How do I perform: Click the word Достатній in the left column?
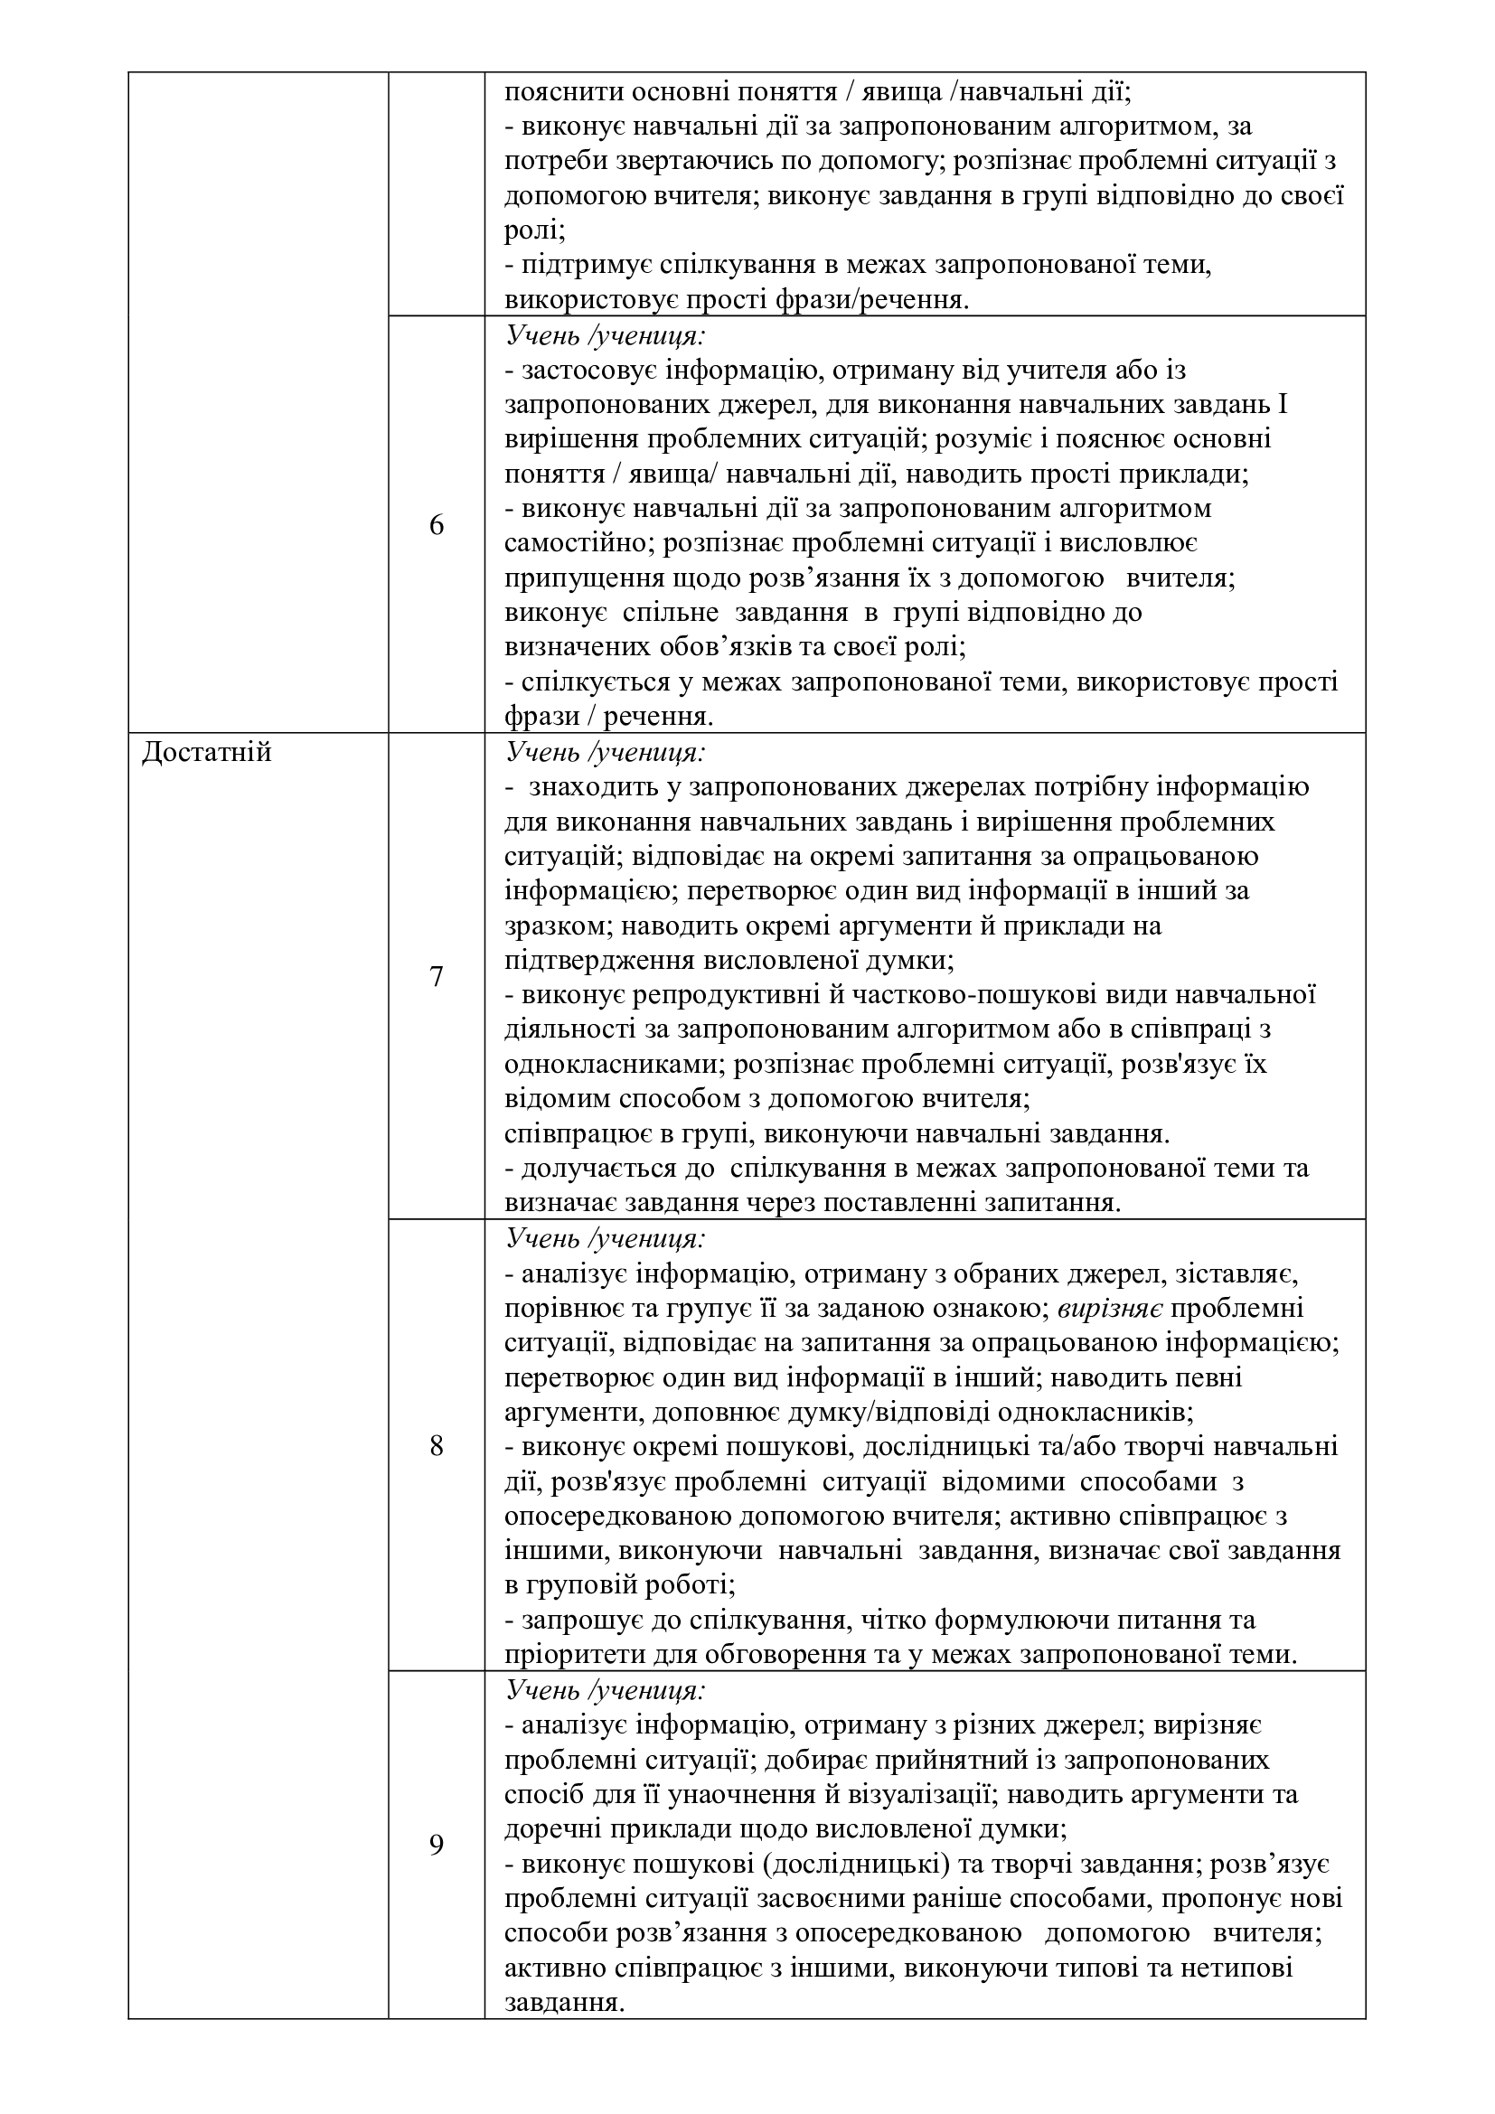pyautogui.click(x=207, y=753)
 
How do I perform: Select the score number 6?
pyautogui.click(x=437, y=526)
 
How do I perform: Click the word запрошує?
pyautogui.click(x=575, y=1620)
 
